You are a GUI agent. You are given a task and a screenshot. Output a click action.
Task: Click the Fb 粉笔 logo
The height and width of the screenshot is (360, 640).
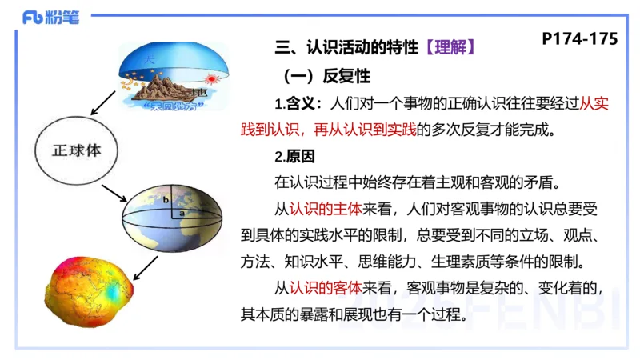[x=50, y=18]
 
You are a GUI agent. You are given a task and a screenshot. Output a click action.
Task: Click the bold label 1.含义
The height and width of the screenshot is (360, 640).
[x=298, y=104]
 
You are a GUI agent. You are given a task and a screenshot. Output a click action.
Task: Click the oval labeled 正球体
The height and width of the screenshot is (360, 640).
[x=76, y=151]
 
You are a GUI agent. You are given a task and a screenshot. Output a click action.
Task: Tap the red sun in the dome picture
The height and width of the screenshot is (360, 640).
[x=211, y=79]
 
